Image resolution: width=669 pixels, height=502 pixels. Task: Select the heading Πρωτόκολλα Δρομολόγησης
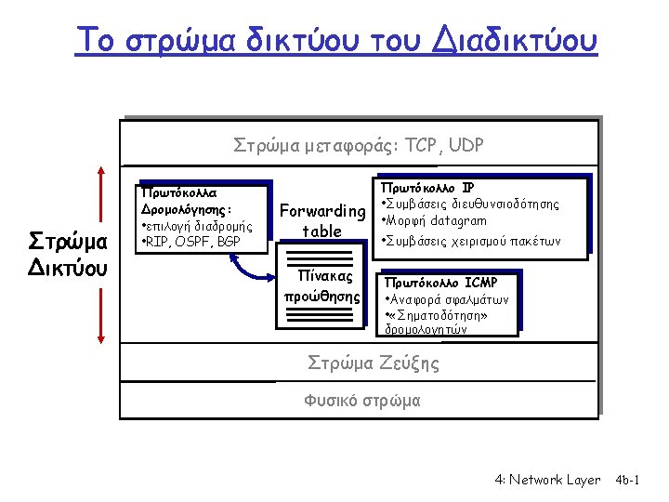pyautogui.click(x=180, y=201)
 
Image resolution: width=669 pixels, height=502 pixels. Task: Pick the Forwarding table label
pyautogui.click(x=322, y=220)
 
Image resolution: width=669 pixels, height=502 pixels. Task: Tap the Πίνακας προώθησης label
pyautogui.click(x=322, y=286)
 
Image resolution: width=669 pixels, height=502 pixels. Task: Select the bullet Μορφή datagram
pyautogui.click(x=433, y=221)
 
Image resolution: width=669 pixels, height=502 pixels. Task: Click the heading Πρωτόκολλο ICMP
pyautogui.click(x=441, y=282)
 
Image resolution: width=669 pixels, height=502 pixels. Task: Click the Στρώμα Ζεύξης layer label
pyautogui.click(x=374, y=363)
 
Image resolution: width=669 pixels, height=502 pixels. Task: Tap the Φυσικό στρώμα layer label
pyautogui.click(x=361, y=401)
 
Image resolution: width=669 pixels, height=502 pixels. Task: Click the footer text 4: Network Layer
pyautogui.click(x=547, y=480)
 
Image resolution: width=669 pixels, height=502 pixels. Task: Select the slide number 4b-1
pyautogui.click(x=635, y=480)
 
